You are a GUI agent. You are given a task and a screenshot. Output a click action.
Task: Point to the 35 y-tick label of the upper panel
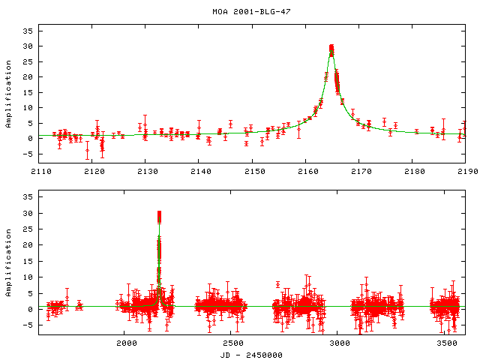(28, 31)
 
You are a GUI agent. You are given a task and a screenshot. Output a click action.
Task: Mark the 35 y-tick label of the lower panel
(28, 197)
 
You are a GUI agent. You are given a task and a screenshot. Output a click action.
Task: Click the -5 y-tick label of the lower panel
(28, 325)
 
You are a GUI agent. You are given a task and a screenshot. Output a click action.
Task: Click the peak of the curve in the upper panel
(331, 47)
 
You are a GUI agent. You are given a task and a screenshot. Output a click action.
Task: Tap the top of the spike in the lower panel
(159, 213)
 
